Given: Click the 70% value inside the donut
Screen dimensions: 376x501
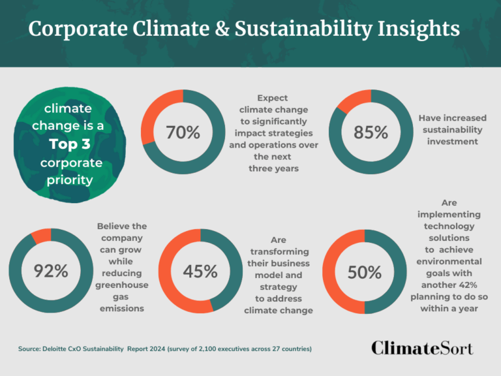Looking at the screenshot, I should [x=183, y=133].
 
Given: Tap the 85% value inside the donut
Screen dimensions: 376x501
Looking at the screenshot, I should [x=371, y=133].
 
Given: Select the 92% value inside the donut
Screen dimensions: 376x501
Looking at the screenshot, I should [x=51, y=271].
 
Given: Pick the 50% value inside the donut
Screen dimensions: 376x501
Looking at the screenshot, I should [x=364, y=272].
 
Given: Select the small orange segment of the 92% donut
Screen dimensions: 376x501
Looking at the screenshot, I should [x=41, y=236].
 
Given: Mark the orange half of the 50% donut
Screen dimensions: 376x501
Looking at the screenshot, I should [x=335, y=272].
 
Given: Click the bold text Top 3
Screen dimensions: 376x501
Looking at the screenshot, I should [x=68, y=144].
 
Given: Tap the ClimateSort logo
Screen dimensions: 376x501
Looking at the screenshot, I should [x=422, y=347].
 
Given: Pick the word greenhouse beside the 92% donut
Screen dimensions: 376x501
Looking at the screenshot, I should [x=122, y=285].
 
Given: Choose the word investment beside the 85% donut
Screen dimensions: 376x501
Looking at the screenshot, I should [x=449, y=142].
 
